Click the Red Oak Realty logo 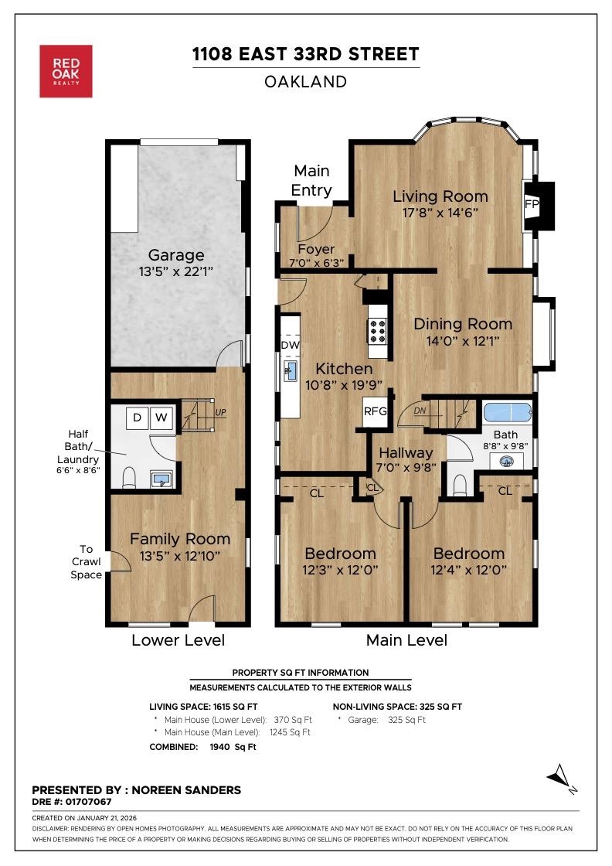tap(66, 71)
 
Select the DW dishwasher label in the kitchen tap(291, 344)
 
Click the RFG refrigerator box tap(376, 411)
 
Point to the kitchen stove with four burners tap(377, 330)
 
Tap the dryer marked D tap(137, 418)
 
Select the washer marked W tap(161, 418)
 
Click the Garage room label tap(177, 255)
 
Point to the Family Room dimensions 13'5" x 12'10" tap(180, 556)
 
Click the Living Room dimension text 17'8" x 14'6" tap(440, 213)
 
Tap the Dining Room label tap(462, 324)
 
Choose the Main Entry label tap(311, 180)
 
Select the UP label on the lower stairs tap(222, 413)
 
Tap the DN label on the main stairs tap(420, 411)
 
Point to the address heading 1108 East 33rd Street tap(306, 54)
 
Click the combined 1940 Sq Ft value tap(233, 747)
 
